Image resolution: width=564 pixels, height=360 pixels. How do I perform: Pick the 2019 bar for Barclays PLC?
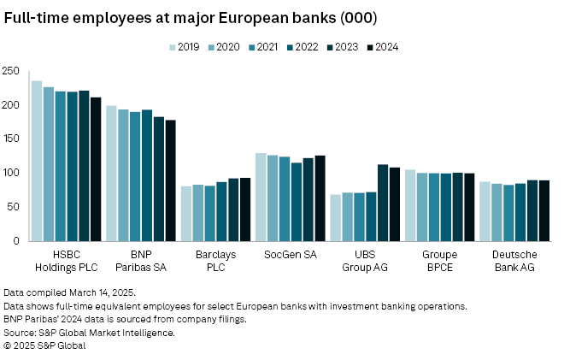(186, 214)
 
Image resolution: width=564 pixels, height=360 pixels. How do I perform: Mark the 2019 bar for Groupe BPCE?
(410, 205)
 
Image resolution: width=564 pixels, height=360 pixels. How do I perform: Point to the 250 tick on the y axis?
(13, 70)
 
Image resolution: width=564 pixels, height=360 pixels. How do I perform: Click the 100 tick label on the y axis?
(13, 173)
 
